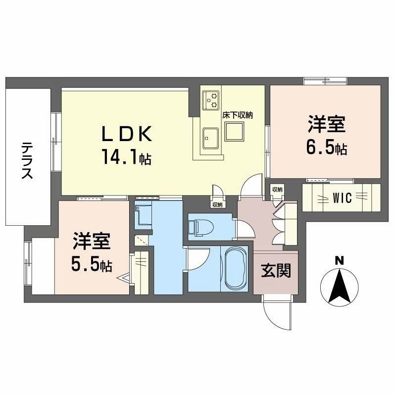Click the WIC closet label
click(342, 198)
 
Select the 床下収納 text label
click(238, 115)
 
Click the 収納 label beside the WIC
click(277, 190)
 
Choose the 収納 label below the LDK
click(217, 204)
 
